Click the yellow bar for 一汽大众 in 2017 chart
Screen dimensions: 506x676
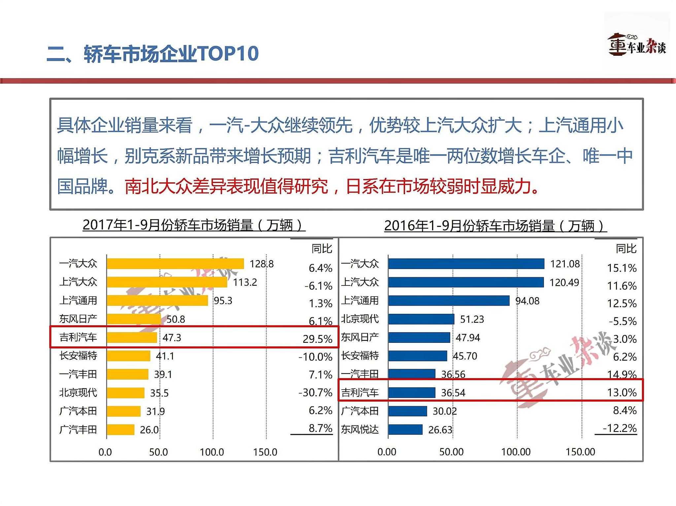tap(175, 264)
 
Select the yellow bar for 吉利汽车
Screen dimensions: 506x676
tap(132, 338)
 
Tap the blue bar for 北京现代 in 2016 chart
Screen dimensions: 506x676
tap(421, 319)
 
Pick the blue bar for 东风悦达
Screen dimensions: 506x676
tap(405, 430)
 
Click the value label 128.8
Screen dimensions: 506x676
tap(261, 264)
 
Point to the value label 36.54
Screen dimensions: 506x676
tap(453, 393)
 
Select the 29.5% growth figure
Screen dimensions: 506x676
tap(318, 339)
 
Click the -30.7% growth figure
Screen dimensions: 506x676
tap(315, 392)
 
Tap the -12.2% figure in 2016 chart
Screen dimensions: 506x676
tap(620, 428)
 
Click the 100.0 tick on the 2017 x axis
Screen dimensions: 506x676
tap(212, 452)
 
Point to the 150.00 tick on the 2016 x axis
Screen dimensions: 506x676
tap(580, 452)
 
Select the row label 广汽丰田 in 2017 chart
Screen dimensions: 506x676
tap(78, 430)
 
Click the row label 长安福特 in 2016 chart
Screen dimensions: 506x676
tap(360, 356)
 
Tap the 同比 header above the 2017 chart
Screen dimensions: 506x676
tap(322, 249)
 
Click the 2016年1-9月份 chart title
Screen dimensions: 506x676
tap(495, 226)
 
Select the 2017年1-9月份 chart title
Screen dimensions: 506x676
tap(194, 225)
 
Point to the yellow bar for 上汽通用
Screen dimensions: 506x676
tap(157, 301)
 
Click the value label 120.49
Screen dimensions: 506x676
tap(564, 282)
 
